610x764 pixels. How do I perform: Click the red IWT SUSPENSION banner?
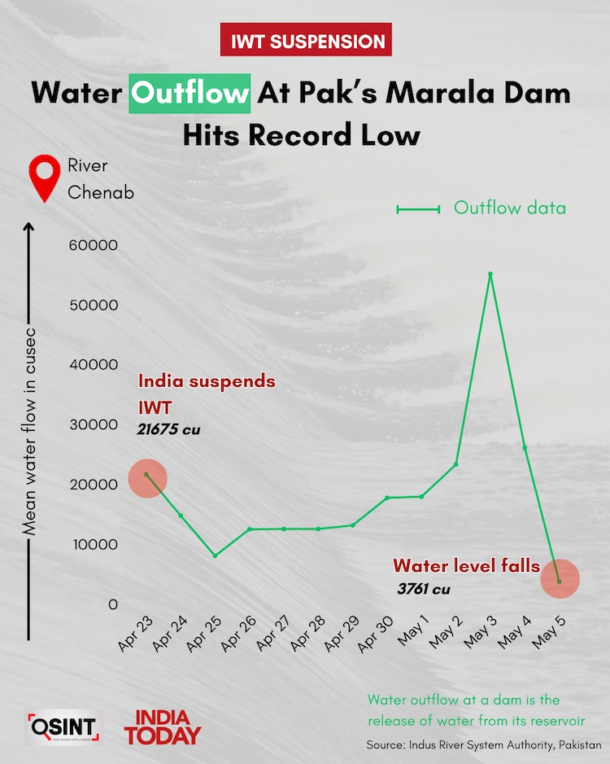click(306, 40)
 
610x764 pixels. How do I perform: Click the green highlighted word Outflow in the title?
click(190, 93)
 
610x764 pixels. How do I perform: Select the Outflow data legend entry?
click(481, 209)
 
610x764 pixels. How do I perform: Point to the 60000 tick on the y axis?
click(97, 246)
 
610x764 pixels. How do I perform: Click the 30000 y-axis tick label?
click(97, 425)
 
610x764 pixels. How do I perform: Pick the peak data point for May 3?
click(490, 274)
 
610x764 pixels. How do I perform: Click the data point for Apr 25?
click(215, 555)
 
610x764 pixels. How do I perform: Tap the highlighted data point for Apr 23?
click(146, 475)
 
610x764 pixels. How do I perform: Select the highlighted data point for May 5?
click(559, 581)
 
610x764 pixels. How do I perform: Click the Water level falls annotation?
click(466, 565)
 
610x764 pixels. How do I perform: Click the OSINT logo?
click(64, 727)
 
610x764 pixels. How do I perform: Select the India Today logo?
click(162, 727)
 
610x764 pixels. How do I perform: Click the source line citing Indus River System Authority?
click(483, 745)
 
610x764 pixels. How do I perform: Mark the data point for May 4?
click(525, 447)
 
